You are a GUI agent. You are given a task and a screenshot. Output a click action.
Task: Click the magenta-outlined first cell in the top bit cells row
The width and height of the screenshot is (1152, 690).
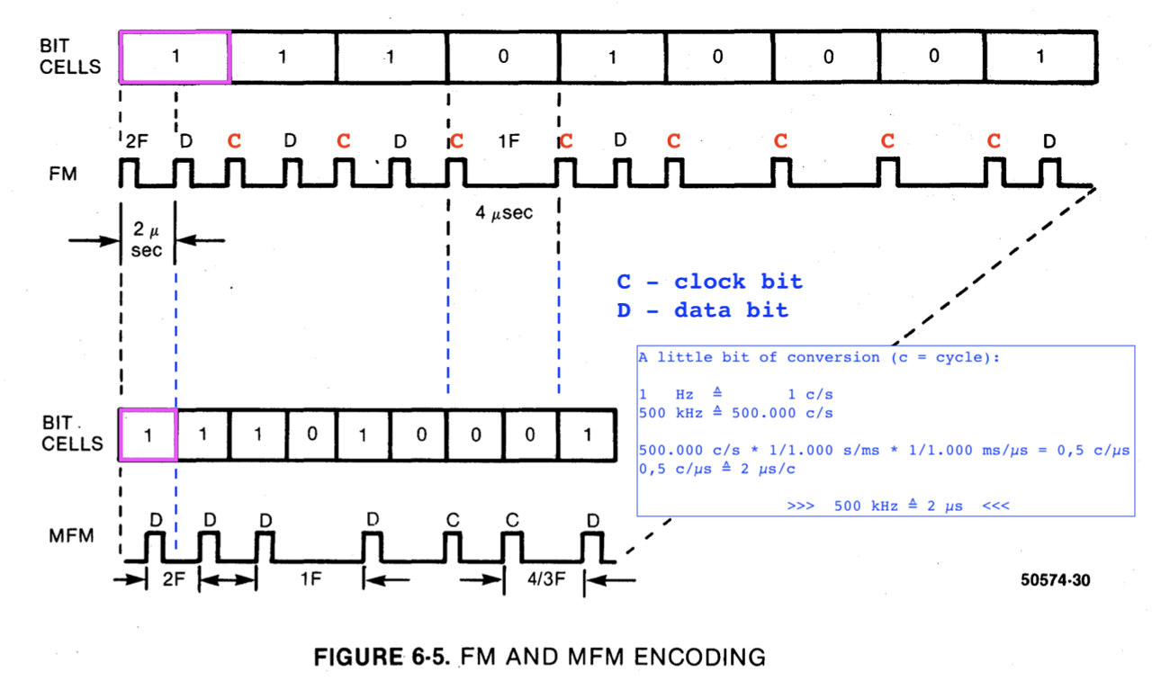click(x=175, y=56)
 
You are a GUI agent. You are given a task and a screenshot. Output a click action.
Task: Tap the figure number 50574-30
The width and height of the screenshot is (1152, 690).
click(x=1054, y=581)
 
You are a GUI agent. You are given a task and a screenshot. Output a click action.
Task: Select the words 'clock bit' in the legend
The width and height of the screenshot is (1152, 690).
click(x=738, y=282)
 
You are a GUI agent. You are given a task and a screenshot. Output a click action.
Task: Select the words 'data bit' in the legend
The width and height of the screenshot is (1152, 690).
click(x=731, y=310)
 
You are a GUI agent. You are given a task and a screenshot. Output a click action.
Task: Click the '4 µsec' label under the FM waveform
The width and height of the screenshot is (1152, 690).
click(x=504, y=214)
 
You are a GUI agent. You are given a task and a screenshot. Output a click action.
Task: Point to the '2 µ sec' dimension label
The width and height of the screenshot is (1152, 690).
click(x=147, y=241)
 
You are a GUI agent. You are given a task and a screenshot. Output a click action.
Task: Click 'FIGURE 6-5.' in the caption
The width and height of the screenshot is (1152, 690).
click(x=382, y=658)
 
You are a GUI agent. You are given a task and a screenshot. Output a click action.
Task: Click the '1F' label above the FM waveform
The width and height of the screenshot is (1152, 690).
click(x=508, y=141)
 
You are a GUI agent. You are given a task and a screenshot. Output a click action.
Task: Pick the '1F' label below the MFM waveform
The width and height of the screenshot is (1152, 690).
click(x=310, y=580)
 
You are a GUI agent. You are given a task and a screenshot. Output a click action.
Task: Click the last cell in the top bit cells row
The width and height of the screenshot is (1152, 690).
click(x=1040, y=56)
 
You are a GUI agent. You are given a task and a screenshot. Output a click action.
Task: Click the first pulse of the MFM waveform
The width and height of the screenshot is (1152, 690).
click(x=155, y=546)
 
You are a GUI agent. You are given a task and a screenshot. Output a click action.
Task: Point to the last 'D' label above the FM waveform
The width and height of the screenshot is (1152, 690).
click(x=1048, y=141)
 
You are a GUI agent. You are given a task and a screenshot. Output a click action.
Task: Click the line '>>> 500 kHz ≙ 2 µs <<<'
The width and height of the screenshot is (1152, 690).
click(x=897, y=506)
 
